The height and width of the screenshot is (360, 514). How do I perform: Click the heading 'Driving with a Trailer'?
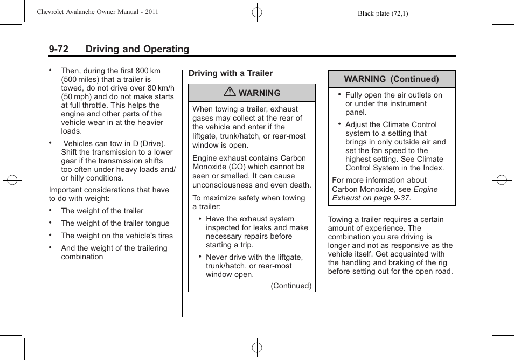click(x=231, y=73)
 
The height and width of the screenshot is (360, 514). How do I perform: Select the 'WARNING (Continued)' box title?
click(x=391, y=79)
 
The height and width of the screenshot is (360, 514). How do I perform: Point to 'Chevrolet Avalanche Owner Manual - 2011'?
click(x=97, y=11)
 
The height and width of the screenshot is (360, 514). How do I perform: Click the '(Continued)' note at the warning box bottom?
click(x=291, y=286)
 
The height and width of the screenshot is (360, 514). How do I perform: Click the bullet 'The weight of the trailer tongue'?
click(x=115, y=223)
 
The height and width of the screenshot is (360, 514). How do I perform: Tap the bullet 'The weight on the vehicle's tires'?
click(x=117, y=236)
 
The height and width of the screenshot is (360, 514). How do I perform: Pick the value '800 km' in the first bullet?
click(x=148, y=71)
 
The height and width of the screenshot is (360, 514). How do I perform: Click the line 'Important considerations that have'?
click(x=109, y=190)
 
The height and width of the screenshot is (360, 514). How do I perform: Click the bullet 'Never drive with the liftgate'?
click(x=254, y=257)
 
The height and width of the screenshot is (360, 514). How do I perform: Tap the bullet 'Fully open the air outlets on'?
click(x=393, y=95)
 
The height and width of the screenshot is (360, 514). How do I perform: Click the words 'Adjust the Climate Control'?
click(x=391, y=124)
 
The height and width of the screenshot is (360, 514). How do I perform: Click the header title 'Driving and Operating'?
click(x=137, y=49)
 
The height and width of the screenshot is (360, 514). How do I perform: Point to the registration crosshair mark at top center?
click(x=257, y=11)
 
